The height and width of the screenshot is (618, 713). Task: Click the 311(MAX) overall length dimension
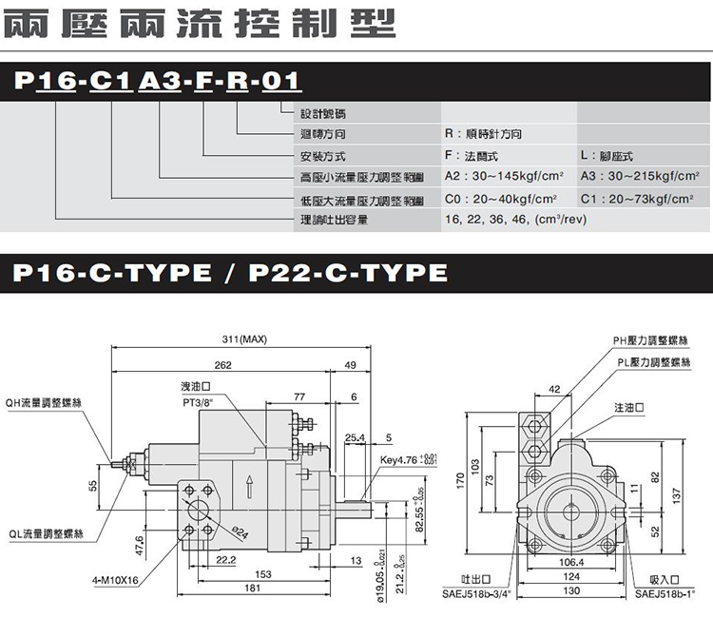click(x=241, y=339)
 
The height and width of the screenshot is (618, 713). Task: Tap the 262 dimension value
click(x=222, y=365)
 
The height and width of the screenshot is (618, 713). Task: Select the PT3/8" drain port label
click(x=197, y=402)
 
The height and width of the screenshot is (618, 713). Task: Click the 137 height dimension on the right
click(x=676, y=494)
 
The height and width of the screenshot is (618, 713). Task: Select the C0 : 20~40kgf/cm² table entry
click(x=499, y=199)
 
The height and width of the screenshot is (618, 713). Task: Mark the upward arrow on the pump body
click(x=249, y=485)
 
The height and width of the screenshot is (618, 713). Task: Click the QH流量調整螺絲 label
click(x=43, y=402)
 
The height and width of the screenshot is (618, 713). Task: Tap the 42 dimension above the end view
click(x=554, y=388)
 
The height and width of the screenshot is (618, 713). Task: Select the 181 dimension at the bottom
click(x=252, y=589)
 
